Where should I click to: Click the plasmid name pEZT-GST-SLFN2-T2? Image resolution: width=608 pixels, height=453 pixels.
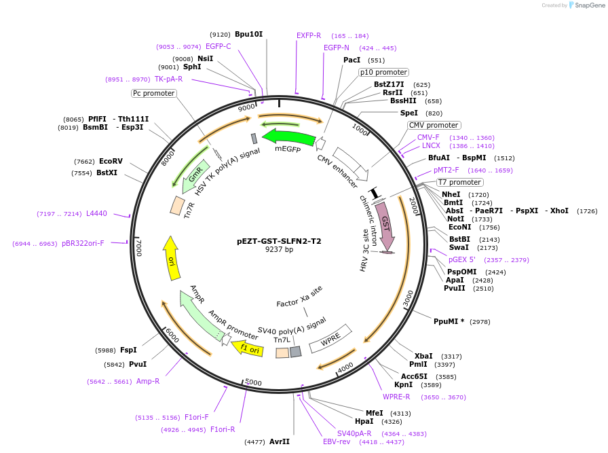click(x=279, y=241)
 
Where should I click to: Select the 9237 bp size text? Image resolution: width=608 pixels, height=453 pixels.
click(x=279, y=250)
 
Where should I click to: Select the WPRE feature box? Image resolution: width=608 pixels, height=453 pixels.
click(x=330, y=338)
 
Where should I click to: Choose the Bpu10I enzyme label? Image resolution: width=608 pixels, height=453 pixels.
click(x=248, y=34)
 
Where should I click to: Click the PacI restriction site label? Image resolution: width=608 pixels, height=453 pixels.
click(x=351, y=60)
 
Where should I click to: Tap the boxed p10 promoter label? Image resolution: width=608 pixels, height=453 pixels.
click(x=383, y=72)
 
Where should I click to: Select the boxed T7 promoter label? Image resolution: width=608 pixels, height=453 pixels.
click(x=459, y=182)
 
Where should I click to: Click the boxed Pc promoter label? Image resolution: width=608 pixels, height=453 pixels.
click(x=153, y=93)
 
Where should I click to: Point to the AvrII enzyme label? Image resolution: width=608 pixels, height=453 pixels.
click(x=280, y=441)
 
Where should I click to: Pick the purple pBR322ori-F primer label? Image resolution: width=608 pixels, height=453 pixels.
click(x=83, y=243)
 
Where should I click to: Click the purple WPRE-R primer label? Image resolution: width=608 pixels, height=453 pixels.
click(x=396, y=397)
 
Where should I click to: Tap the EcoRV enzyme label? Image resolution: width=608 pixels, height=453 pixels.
click(x=111, y=161)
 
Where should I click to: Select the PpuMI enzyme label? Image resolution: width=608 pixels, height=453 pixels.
click(x=449, y=321)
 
